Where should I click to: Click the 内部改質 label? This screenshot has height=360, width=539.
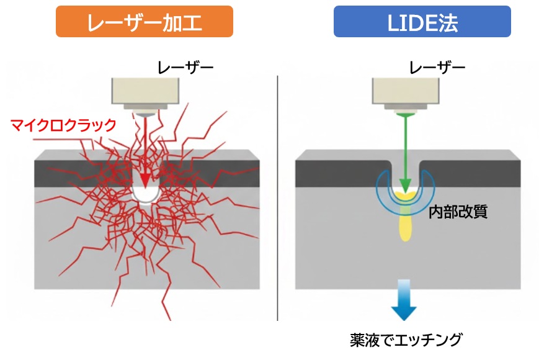point(458,211)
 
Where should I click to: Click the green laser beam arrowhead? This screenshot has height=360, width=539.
point(405,184)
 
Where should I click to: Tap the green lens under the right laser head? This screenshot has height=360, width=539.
point(405,114)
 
